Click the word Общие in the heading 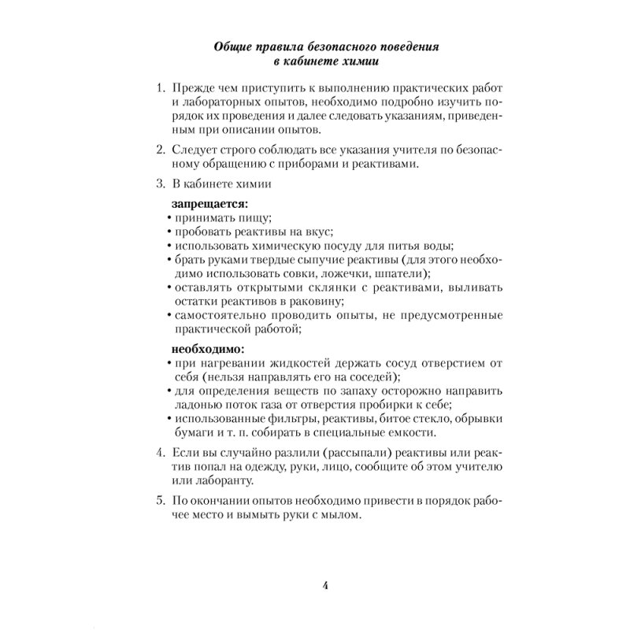pos(232,48)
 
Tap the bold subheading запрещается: pos(205,203)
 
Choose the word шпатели pos(400,274)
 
